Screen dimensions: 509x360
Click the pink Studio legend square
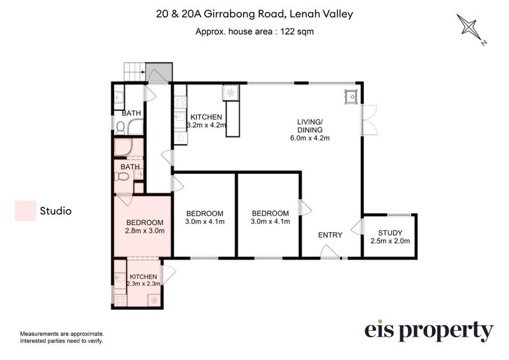(25, 211)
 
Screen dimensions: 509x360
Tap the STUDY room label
(390, 233)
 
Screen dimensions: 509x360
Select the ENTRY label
(330, 235)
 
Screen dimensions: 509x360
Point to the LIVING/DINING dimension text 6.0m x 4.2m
(310, 138)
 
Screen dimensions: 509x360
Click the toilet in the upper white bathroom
(120, 127)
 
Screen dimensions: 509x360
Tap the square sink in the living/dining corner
(351, 96)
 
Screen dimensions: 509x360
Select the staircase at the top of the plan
(134, 72)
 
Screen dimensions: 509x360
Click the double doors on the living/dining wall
(370, 120)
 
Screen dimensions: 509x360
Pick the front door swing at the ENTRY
(330, 252)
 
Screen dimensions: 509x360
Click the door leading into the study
(357, 226)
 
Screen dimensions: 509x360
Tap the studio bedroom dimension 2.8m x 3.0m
(145, 231)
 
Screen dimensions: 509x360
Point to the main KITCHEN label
(206, 117)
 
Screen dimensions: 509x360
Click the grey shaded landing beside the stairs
(158, 72)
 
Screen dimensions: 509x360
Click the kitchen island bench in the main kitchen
(233, 119)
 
